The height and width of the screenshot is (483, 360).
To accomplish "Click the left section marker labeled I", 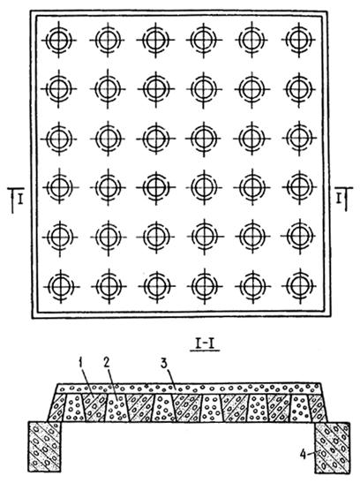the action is [16, 200].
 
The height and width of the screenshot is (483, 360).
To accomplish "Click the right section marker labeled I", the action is [343, 199].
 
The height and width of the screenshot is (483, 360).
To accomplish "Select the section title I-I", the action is [205, 344].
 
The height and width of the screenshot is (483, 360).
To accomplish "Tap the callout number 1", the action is [81, 363].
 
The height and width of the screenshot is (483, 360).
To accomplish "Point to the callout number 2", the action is [107, 363].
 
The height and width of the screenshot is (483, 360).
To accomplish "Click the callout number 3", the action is [164, 363].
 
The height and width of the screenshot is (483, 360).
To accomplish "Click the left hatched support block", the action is [45, 447].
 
